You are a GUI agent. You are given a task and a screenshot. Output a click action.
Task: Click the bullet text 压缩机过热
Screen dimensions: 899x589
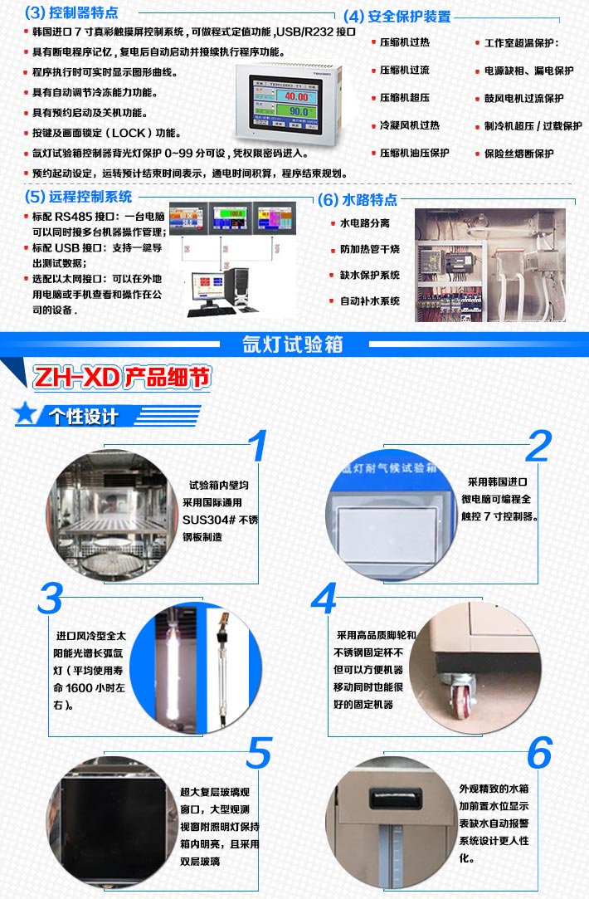(404, 42)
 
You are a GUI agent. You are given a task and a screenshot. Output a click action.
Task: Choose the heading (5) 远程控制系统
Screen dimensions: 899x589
(78, 197)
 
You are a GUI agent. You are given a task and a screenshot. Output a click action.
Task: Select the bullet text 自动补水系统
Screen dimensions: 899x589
(369, 300)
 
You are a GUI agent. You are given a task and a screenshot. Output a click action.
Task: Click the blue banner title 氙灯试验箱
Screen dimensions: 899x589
(293, 344)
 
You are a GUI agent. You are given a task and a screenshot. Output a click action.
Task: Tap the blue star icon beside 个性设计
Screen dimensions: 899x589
(27, 413)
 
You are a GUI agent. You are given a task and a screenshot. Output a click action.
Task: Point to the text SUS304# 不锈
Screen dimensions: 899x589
(214, 520)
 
